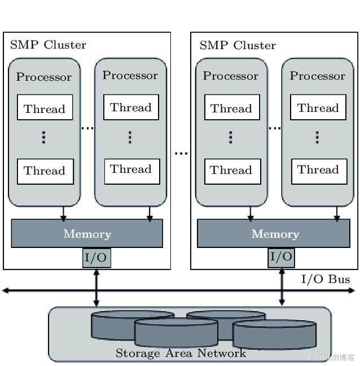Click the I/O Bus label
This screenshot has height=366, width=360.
pos(325,279)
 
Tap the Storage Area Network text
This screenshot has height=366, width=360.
pos(181,354)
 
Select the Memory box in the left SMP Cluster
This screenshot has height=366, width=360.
pos(87,233)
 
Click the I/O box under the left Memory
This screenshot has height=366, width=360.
pos(96,258)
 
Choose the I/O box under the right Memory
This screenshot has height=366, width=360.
pos(281,258)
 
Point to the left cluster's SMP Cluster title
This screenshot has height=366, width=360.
pos(48,45)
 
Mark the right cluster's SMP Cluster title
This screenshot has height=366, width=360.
pos(238,45)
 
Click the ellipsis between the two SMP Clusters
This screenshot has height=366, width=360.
pos(181,153)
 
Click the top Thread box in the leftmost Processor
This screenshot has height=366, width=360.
pos(45,108)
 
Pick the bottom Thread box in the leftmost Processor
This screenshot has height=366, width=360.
pos(45,171)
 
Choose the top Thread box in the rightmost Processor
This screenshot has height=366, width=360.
pos(318,108)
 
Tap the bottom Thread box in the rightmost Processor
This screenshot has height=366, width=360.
pos(318,169)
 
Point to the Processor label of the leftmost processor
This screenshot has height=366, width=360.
pos(43,77)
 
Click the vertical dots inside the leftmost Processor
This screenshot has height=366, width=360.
pos(44,137)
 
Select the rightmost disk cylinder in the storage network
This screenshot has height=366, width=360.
pos(274,335)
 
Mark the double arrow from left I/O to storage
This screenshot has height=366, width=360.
pos(96,287)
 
